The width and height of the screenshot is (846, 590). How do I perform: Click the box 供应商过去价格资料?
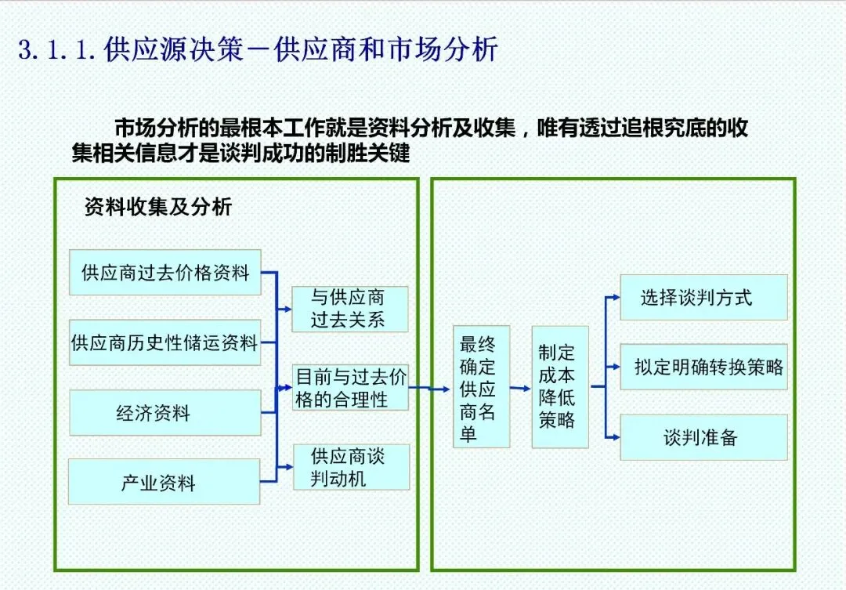164,273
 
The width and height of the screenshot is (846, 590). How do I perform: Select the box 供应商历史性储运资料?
164,342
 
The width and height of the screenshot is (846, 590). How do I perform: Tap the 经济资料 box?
164,413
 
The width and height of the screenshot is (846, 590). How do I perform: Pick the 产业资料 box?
164,482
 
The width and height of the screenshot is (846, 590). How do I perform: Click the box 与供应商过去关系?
350,309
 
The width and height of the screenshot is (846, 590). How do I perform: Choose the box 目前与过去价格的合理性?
350,387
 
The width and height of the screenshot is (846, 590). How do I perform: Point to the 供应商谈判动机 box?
350,467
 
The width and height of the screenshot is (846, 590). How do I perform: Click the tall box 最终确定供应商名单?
481,387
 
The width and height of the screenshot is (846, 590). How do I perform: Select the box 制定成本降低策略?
559,387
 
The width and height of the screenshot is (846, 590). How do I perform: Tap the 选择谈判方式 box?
703,297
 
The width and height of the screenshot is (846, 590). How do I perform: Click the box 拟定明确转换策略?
703,367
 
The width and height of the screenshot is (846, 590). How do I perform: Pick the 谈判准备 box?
703,437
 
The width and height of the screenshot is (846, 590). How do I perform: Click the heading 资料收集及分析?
157,207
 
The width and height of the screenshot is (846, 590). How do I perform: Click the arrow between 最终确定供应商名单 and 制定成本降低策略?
520,387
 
